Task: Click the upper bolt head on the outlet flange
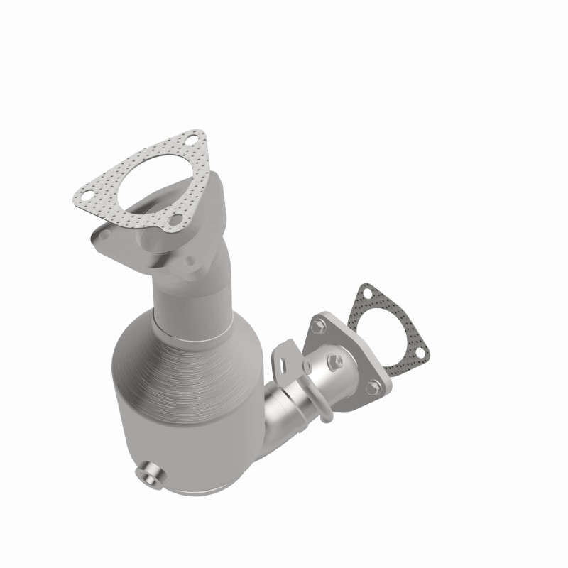pos(319,327)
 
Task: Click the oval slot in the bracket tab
pos(283,363)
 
